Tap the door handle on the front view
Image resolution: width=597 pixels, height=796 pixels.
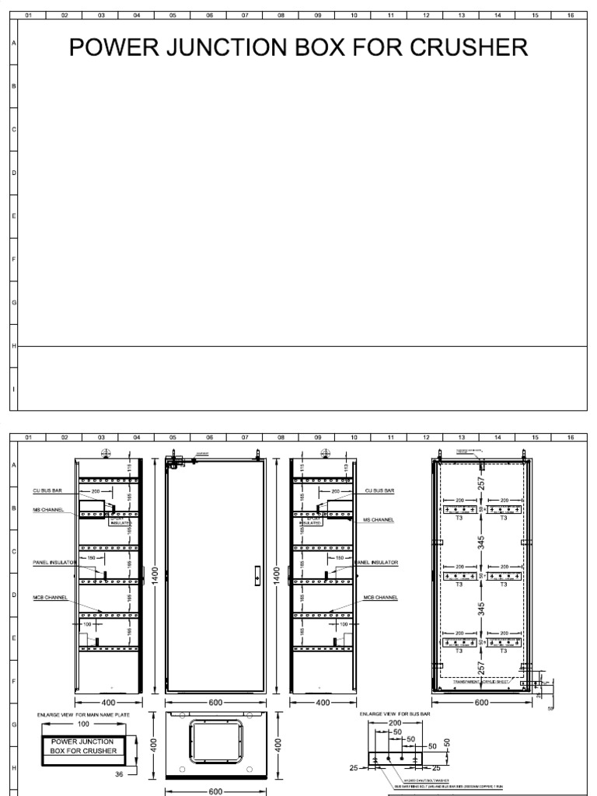coord(257,578)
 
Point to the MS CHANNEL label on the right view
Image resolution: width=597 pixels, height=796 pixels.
coord(379,519)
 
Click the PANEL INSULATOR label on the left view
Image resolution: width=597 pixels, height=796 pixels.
coord(52,561)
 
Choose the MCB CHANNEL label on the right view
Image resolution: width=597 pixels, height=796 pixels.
coord(381,598)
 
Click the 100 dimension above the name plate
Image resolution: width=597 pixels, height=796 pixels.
coord(83,724)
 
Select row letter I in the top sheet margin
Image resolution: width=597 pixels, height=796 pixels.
coord(13,388)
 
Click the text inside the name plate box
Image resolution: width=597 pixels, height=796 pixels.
coord(83,746)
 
